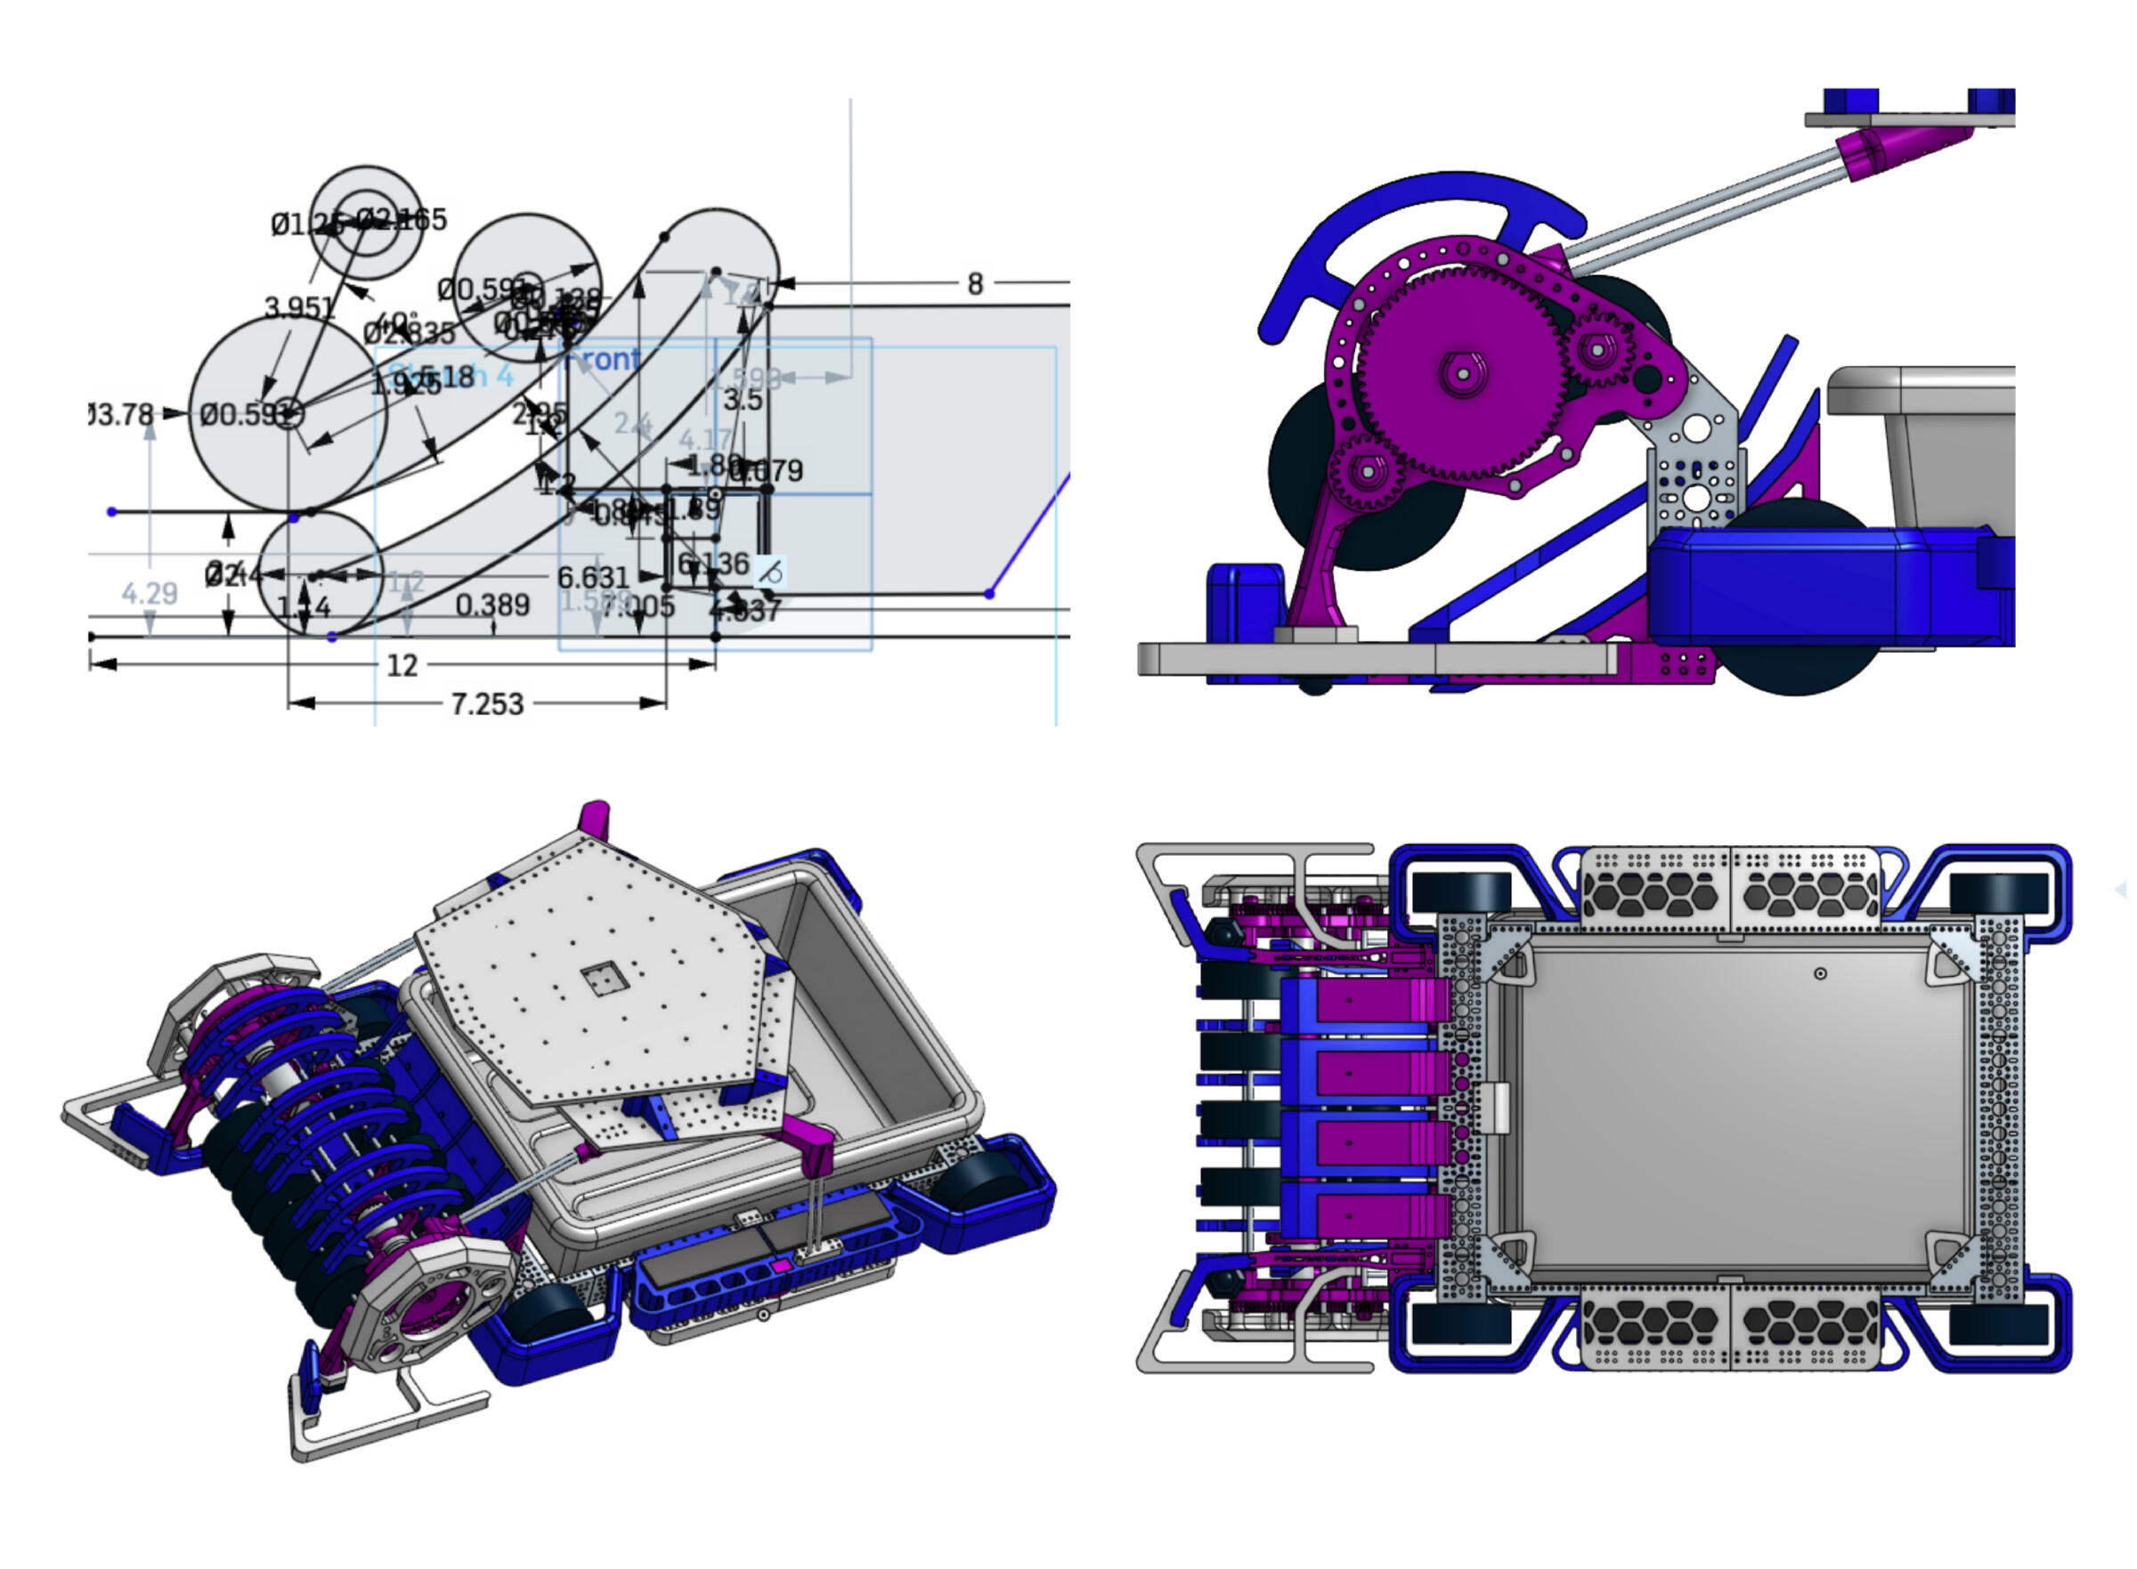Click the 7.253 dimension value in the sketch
coord(486,703)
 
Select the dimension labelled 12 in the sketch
coord(402,665)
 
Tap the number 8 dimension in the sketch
coord(974,284)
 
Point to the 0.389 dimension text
coord(492,605)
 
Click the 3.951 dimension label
coord(299,308)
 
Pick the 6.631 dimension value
coord(593,577)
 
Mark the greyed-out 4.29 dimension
coord(149,594)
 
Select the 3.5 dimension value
coord(743,400)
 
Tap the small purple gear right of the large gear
coord(1597,350)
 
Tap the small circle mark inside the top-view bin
coord(1820,974)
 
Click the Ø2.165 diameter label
coord(402,220)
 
